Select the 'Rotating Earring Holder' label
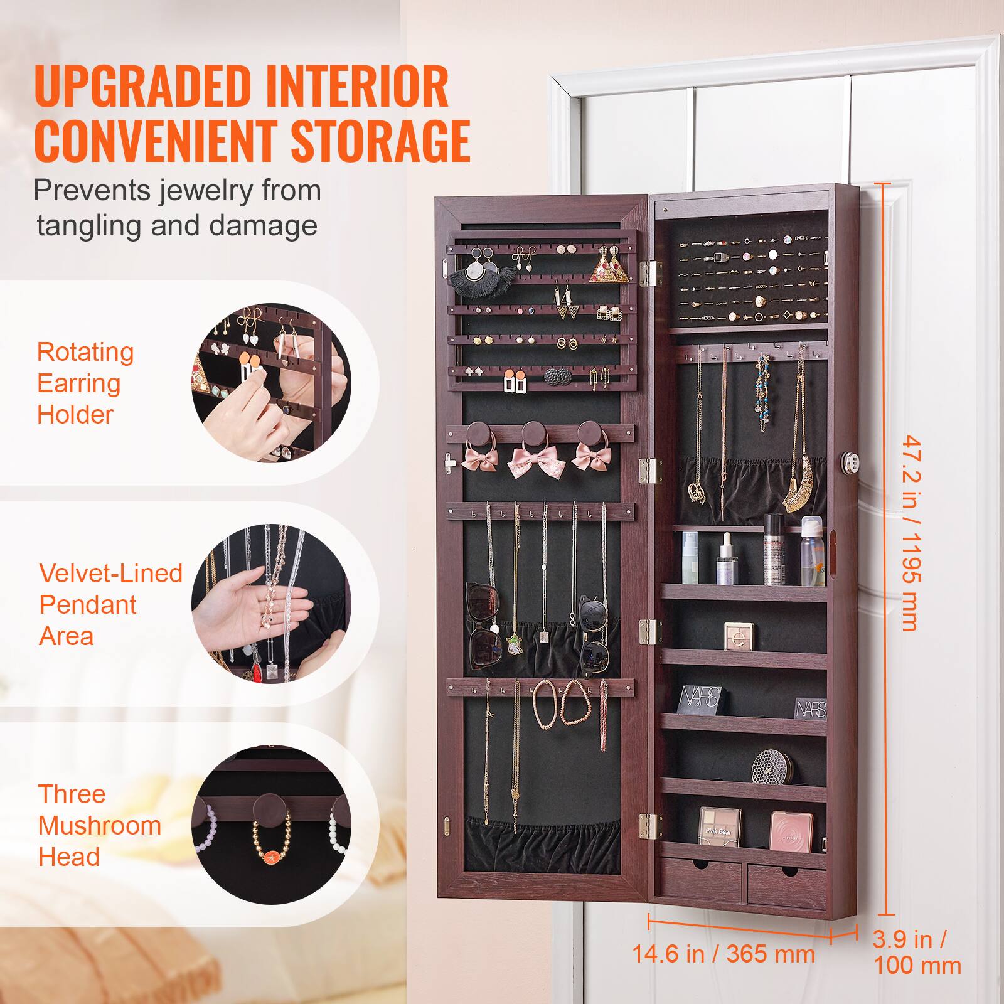[x=85, y=383]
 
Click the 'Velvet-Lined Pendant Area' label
[x=110, y=604]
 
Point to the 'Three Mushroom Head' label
[x=99, y=825]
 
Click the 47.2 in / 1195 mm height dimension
[x=911, y=533]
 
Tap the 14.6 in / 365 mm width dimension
[x=723, y=972]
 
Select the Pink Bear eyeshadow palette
[x=719, y=826]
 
